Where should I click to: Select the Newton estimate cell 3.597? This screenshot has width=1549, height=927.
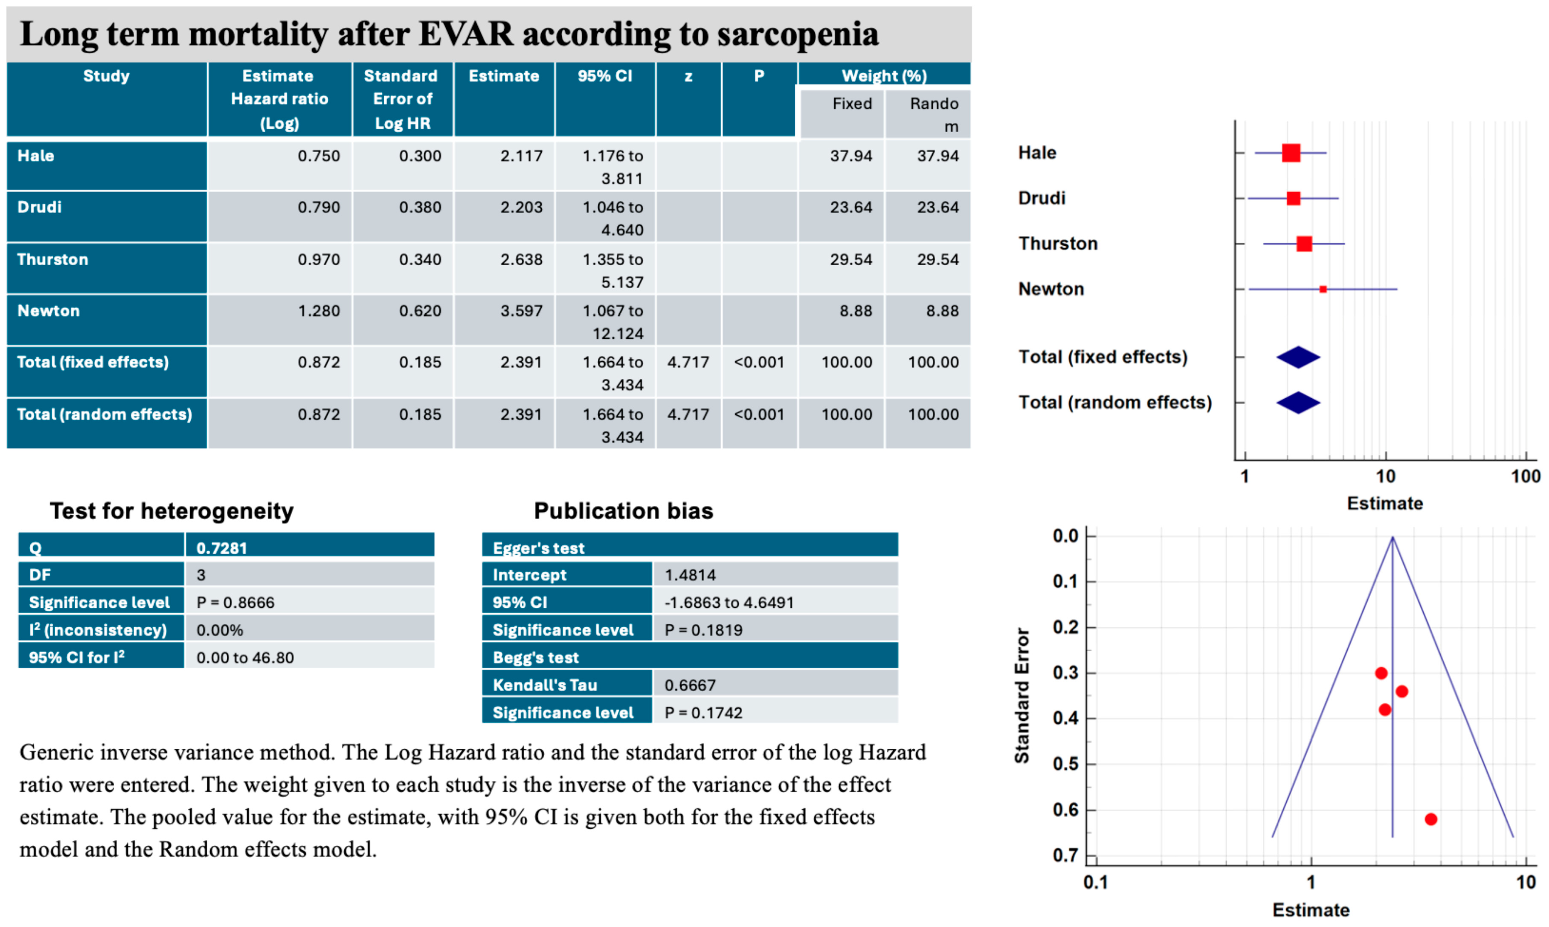(521, 311)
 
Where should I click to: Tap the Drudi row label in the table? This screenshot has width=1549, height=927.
(39, 207)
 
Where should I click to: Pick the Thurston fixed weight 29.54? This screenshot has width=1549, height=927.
(851, 259)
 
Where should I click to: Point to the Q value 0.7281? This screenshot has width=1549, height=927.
(222, 548)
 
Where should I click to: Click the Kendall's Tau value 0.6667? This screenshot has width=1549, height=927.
(690, 685)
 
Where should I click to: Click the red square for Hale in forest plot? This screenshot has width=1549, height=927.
(1291, 153)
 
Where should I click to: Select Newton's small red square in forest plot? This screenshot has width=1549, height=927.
(1323, 289)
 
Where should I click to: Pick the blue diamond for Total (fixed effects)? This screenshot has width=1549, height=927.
(1298, 357)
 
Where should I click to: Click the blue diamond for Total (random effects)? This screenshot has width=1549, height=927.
(1298, 403)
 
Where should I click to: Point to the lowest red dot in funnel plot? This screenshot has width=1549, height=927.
(1431, 819)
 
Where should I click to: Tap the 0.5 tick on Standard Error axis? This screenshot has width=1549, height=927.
(1066, 764)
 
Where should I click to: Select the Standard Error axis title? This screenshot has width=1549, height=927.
(1022, 695)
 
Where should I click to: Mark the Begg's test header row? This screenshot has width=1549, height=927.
(690, 657)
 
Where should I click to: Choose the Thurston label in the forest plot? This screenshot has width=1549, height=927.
(1058, 243)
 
